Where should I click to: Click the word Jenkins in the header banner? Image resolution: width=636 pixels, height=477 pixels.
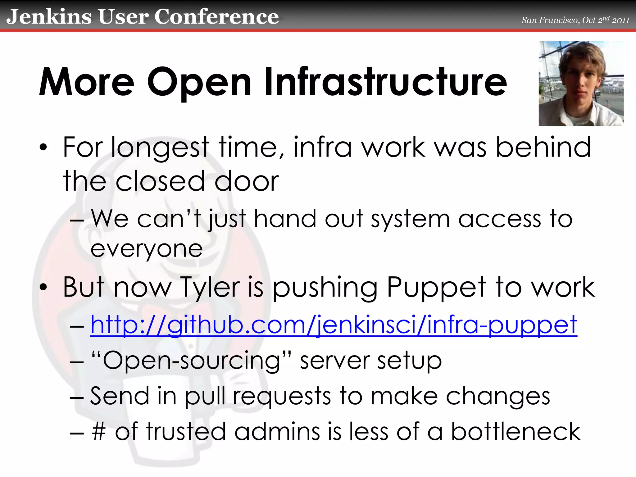[x=49, y=17]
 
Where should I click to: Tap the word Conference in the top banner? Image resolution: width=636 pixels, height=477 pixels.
[x=216, y=17]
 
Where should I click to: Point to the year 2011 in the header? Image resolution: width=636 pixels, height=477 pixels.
[x=620, y=20]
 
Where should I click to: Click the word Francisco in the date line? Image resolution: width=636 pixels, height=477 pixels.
[x=559, y=20]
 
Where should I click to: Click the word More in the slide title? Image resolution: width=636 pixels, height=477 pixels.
[x=87, y=82]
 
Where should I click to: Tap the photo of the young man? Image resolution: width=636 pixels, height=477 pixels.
[x=581, y=83]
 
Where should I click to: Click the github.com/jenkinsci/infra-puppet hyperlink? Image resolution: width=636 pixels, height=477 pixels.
[x=334, y=325]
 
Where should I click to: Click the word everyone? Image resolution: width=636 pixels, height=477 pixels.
[x=147, y=249]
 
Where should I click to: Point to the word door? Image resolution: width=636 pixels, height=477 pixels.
[x=247, y=181]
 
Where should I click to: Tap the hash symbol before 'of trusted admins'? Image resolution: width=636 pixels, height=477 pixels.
[x=99, y=432]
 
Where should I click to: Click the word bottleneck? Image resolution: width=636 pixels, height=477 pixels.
[x=516, y=432]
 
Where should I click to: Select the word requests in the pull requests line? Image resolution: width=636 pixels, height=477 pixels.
[x=282, y=396]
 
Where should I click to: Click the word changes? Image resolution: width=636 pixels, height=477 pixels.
[x=498, y=396]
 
